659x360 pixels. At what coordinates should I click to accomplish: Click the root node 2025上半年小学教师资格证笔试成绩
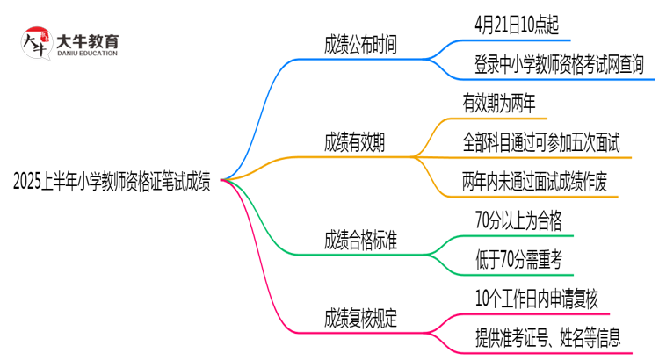(112, 182)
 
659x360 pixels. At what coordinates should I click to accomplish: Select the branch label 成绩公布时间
(360, 45)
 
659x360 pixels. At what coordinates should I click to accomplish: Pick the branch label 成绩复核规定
(360, 320)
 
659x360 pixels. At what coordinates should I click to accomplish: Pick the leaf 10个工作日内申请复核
(535, 299)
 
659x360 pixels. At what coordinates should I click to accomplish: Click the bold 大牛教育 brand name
(87, 40)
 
